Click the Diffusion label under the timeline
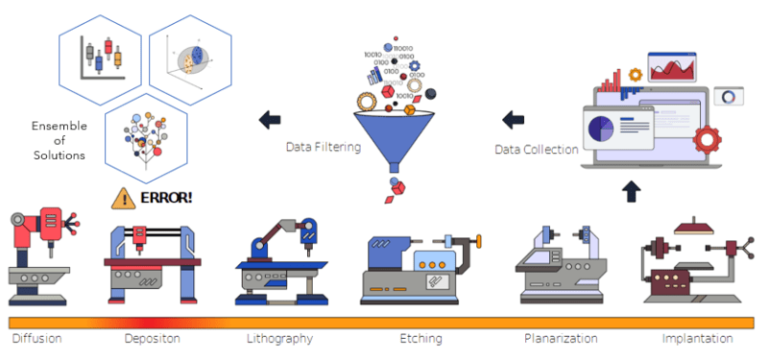coord(36,339)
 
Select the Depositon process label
coord(152,339)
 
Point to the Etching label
coord(420,339)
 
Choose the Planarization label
coord(561,339)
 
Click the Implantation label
coord(697,339)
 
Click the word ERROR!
coord(166,198)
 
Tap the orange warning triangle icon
coord(123,198)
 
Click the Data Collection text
coord(537,149)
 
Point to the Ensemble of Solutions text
coord(59,140)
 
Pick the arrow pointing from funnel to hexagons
coord(271,120)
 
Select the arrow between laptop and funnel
coord(514,120)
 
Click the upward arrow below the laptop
coord(630,190)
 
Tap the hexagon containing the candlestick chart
coord(102,54)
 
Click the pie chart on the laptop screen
coord(603,128)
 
